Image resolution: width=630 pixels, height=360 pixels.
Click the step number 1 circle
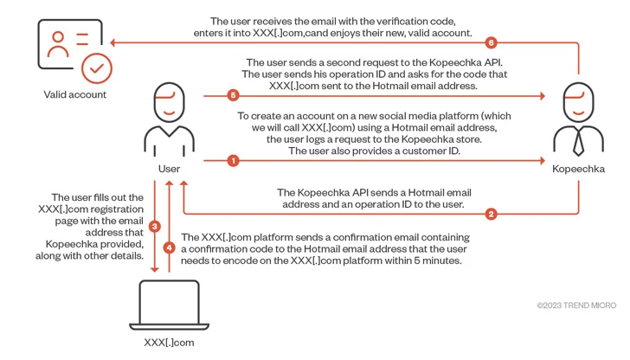232,160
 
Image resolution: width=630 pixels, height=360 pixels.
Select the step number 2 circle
492,214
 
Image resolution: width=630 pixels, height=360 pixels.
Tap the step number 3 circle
155,226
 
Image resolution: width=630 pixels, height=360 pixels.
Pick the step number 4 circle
170,247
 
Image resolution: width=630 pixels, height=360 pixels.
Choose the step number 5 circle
232,95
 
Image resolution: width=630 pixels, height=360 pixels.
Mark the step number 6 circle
491,42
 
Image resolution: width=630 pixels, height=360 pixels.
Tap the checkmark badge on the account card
95,66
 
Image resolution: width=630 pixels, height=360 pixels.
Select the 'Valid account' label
75,94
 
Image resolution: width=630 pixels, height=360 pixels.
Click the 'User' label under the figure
169,168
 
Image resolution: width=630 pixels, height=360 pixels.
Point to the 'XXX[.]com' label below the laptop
169,343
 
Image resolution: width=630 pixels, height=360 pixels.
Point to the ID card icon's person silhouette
59,44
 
